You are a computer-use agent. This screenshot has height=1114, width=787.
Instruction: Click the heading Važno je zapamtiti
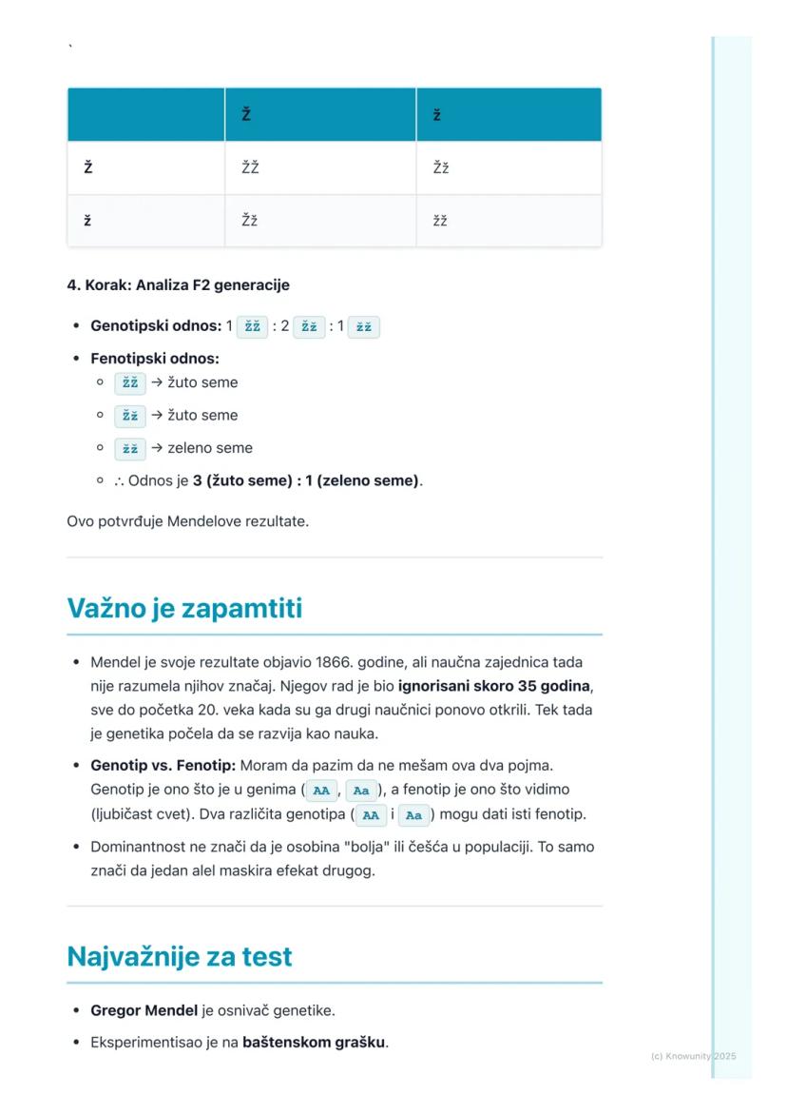click(x=184, y=608)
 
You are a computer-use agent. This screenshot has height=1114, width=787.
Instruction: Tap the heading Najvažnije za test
click(x=180, y=956)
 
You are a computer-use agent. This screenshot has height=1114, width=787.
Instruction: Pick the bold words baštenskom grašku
click(x=315, y=1042)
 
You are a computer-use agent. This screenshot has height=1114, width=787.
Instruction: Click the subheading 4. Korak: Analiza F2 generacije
click(x=178, y=284)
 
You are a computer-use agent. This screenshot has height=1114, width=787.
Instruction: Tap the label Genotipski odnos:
click(x=156, y=326)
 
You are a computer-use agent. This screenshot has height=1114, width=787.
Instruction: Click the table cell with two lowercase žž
click(x=440, y=221)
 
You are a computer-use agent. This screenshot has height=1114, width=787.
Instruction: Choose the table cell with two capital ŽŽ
click(x=250, y=168)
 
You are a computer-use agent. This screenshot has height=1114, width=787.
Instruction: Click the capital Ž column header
click(x=246, y=115)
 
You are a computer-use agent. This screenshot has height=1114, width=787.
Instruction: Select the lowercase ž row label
click(x=87, y=221)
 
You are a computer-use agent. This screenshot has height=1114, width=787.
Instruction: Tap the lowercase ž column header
click(x=436, y=115)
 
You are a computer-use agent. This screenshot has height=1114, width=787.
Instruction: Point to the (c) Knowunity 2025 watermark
click(x=693, y=1056)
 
